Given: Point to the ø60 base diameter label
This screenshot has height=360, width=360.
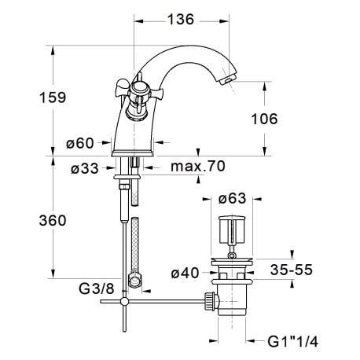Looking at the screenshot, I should (x=79, y=143).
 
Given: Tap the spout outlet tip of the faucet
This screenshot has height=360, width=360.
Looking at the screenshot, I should (x=227, y=79).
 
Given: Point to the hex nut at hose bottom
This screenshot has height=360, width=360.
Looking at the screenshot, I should (x=138, y=279).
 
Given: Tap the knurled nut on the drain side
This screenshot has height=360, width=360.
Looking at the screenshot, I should (x=208, y=299).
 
